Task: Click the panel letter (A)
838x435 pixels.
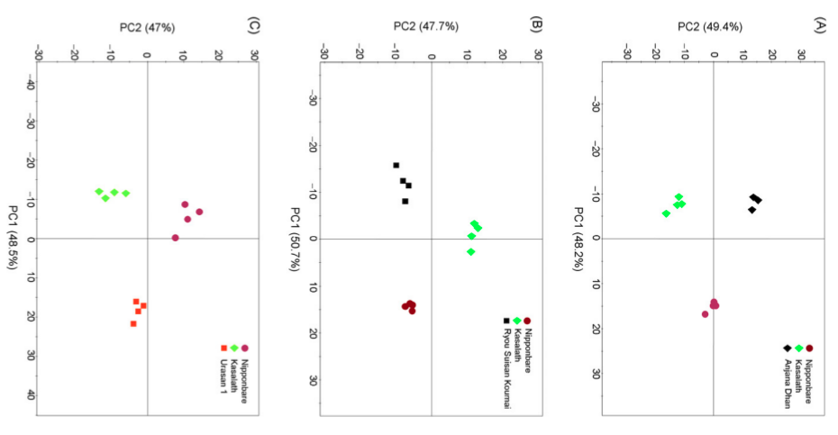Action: coord(819,25)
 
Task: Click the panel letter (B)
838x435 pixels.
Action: coord(536,25)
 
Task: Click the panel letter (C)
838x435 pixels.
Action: coord(253,25)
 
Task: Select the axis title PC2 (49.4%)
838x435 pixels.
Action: coord(710,27)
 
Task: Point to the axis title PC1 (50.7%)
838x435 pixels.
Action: coord(294,239)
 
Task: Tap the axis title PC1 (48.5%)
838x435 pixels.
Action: coord(12,238)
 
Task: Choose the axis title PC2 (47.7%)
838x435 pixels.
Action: coord(426,26)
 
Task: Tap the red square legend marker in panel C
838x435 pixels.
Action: coord(224,349)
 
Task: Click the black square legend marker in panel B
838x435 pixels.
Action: coord(506,322)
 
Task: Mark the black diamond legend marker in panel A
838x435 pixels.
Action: coord(788,349)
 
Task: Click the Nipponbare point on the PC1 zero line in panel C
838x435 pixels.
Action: coord(176,238)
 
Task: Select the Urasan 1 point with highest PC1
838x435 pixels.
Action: coord(133,324)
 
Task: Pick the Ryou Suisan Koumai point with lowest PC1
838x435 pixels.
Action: coord(396,166)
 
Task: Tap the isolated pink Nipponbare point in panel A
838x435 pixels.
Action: coord(705,314)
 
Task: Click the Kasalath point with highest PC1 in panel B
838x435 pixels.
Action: coord(471,251)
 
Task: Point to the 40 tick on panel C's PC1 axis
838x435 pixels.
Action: coord(31,394)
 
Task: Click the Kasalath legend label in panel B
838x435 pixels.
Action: coord(517,345)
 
